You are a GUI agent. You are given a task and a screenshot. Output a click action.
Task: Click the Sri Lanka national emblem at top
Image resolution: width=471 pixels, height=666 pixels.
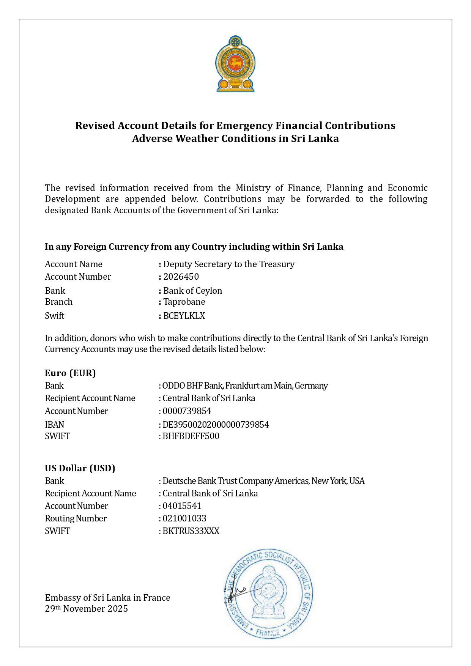coord(235,64)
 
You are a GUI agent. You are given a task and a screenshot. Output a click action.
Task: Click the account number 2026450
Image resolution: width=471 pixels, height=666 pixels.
coord(181,277)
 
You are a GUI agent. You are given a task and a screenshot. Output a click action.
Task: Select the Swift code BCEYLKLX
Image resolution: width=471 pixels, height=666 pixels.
coord(184,316)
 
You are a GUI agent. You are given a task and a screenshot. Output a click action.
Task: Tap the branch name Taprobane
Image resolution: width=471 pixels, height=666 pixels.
coord(184,302)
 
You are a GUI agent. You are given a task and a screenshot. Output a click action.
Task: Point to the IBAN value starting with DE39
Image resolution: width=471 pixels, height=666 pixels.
coord(216,425)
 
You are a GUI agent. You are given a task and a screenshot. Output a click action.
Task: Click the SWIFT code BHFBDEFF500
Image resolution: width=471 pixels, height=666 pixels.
coord(191,436)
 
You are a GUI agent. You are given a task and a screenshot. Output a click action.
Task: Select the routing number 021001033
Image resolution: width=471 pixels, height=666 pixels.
coord(184,518)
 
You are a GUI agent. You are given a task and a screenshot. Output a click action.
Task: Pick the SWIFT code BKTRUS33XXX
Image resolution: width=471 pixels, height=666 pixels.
coord(191,531)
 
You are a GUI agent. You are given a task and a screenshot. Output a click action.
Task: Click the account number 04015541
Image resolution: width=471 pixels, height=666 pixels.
coord(182,506)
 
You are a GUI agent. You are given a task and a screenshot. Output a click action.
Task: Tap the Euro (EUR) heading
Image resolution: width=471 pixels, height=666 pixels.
coord(70,373)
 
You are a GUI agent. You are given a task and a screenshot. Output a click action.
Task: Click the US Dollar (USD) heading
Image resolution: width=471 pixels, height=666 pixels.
coord(80,468)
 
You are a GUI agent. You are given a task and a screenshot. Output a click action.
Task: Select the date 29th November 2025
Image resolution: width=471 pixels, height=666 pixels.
coord(87,609)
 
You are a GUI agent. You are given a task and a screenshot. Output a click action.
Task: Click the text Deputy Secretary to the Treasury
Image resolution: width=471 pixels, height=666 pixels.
coord(229,264)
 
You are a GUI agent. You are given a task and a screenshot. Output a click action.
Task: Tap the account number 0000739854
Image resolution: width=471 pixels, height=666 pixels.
coord(187,411)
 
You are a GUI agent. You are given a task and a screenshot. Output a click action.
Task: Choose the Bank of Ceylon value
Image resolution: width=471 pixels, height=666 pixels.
coord(192,291)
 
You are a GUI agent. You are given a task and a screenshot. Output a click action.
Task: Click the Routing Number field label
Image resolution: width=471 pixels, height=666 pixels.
coord(76,518)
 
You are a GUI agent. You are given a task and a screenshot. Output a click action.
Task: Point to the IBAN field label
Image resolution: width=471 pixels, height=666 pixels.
coord(55,425)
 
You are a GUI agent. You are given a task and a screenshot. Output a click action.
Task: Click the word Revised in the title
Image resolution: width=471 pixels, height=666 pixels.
coord(95,126)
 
